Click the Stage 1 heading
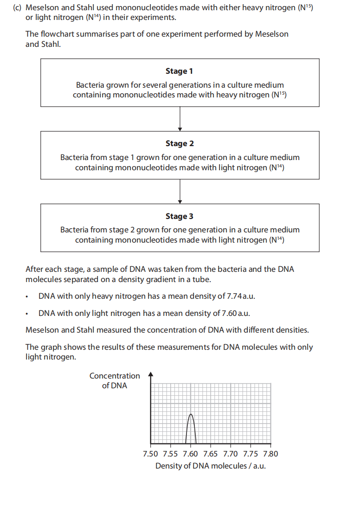179,71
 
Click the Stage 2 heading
179,143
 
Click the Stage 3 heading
179,216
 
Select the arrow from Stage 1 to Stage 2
180,119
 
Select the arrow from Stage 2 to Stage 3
180,191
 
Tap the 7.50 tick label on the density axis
150,454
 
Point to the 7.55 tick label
170,454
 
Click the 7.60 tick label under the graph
190,454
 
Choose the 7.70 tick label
231,454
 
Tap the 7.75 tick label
251,454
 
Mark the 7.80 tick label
270,454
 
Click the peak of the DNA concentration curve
190,414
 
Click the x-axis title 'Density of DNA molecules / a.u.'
210,466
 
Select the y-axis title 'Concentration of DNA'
115,380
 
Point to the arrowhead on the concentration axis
150,374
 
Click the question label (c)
19,8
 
